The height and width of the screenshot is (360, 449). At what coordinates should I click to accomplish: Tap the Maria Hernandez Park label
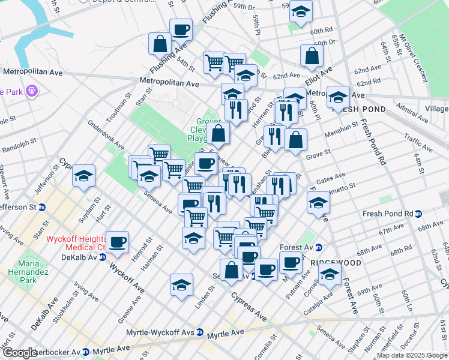coord(33,271)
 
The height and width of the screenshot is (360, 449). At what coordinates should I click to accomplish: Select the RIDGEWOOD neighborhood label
coord(336,263)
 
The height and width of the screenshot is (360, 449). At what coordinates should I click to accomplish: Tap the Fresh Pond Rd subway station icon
coord(418,214)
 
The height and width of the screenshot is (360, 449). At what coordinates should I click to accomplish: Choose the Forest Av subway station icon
coord(319,247)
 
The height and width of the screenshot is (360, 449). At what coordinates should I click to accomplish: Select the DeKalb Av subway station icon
coord(103,257)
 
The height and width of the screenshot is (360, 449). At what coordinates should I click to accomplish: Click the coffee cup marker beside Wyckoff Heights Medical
coord(118,241)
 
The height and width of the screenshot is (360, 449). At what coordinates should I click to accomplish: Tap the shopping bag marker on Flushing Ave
coord(160,43)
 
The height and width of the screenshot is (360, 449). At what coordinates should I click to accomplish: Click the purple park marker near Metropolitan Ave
coord(31,92)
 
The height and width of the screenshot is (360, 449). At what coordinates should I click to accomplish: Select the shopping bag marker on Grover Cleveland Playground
coord(219,133)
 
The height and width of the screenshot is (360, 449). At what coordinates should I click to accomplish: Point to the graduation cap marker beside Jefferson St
coord(83,175)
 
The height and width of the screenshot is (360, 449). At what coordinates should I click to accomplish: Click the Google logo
coord(20,353)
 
